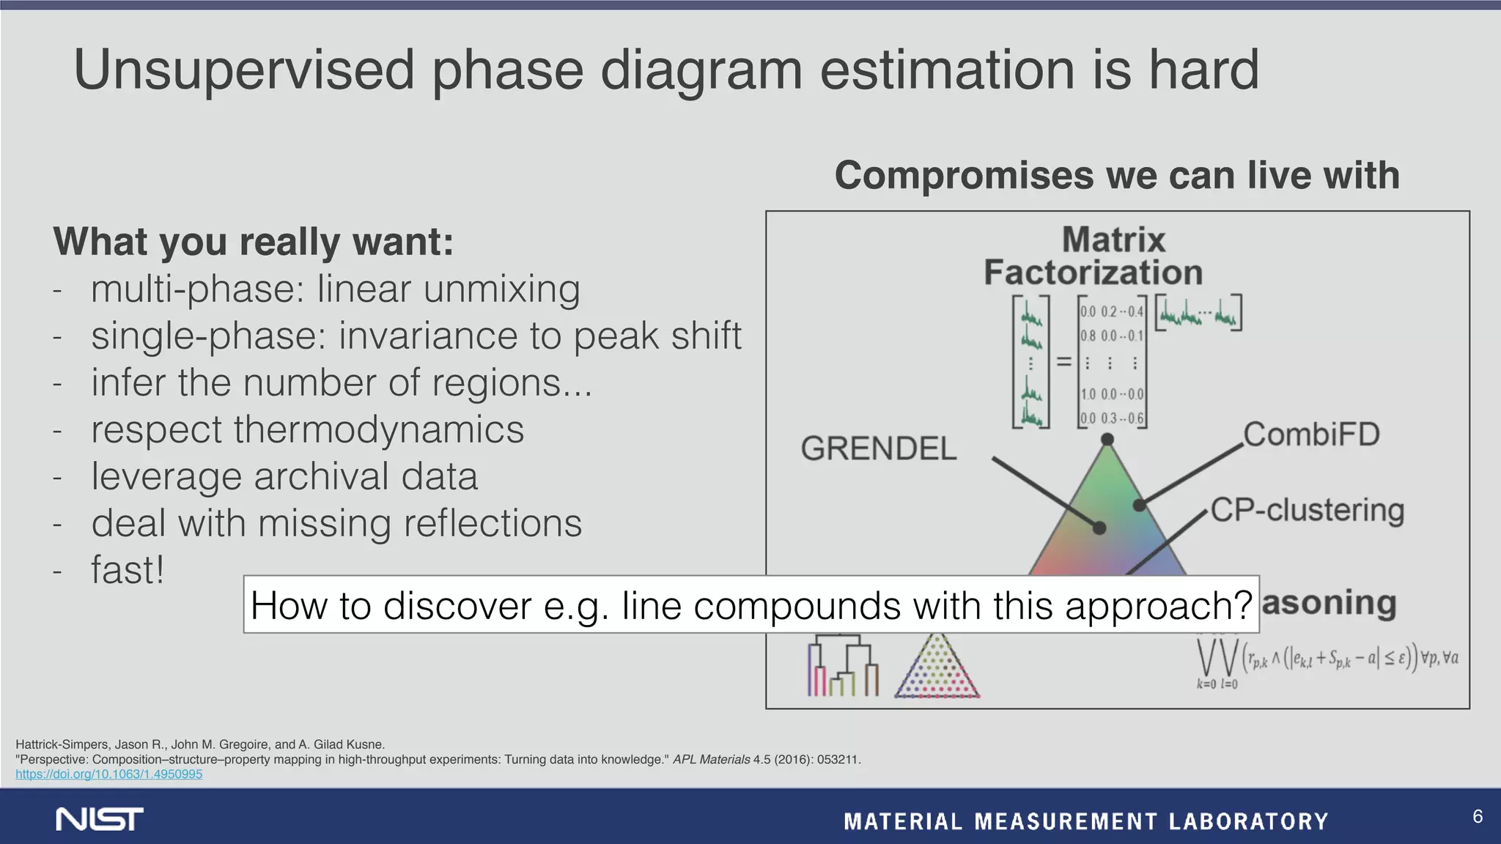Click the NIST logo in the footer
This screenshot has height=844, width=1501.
click(x=100, y=819)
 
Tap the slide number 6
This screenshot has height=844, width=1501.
click(x=1477, y=816)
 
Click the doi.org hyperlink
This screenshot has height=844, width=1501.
click(x=108, y=774)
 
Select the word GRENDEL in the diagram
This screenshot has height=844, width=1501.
click(x=878, y=448)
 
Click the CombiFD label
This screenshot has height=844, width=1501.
click(x=1311, y=434)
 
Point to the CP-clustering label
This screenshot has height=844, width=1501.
click(x=1307, y=510)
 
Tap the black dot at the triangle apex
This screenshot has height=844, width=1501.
click(x=1107, y=440)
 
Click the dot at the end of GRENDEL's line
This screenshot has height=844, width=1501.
click(x=1099, y=527)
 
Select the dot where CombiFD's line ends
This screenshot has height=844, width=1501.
click(x=1139, y=505)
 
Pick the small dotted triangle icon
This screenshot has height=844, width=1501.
click(x=937, y=667)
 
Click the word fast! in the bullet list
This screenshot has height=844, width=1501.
click(x=128, y=570)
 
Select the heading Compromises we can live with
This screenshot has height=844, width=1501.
click(x=1116, y=176)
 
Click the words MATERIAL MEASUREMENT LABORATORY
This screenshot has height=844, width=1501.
click(x=1085, y=821)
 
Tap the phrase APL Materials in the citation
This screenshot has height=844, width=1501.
click(x=711, y=760)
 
